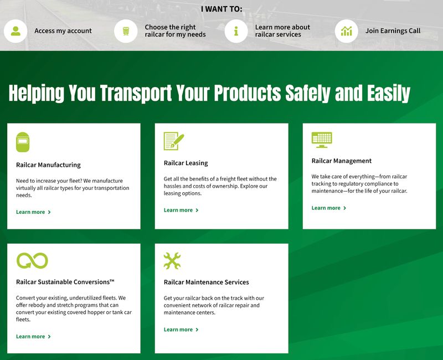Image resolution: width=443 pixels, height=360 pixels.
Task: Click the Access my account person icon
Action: [x=16, y=31]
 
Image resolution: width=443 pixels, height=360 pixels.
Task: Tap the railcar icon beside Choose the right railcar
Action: [x=126, y=31]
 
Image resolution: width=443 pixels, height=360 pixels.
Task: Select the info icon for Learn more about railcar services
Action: [x=236, y=31]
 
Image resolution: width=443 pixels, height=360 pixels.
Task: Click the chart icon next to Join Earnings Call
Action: [x=347, y=31]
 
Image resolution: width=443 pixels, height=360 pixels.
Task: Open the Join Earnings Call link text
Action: [x=393, y=31]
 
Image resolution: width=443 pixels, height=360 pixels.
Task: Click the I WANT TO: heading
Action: [x=221, y=9]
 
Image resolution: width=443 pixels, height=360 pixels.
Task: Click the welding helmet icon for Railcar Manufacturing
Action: [x=23, y=142]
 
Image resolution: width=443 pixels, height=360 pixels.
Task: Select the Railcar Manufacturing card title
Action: [x=48, y=165]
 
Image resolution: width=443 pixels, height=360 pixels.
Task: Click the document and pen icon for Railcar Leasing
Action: [x=173, y=141]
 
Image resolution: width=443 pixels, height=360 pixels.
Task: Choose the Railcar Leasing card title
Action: [x=186, y=163]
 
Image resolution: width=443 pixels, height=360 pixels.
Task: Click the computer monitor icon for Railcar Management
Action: [x=322, y=140]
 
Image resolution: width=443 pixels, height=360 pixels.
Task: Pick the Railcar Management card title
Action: [x=341, y=161]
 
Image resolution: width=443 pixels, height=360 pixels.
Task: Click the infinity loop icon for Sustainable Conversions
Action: [x=32, y=260]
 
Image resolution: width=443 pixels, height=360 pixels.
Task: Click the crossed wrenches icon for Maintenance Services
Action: [x=172, y=260]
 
